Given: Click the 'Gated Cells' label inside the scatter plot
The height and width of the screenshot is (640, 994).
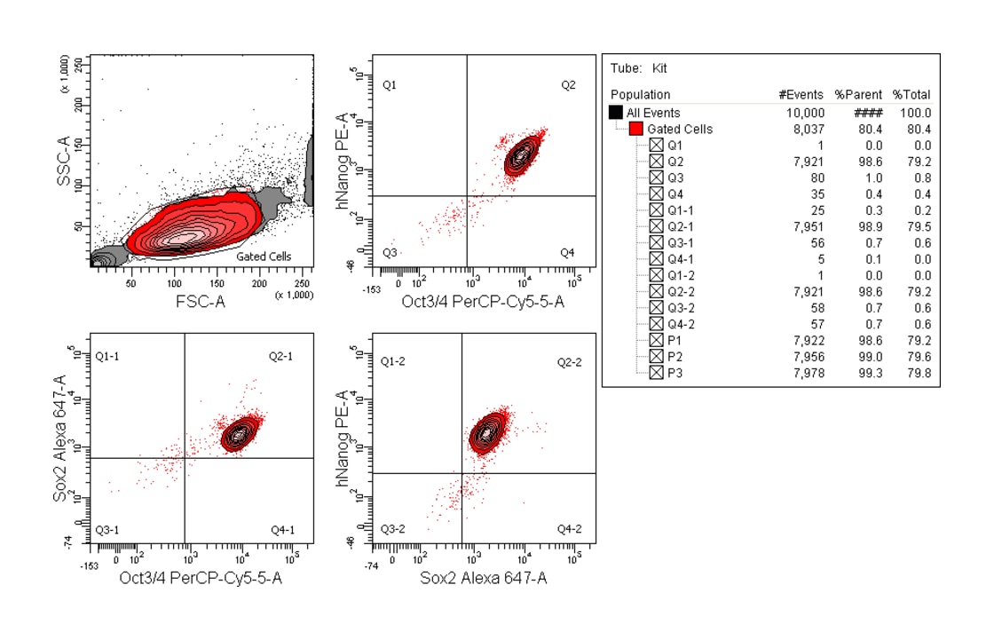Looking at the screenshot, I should (x=264, y=257).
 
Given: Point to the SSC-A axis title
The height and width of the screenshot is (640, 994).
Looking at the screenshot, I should (x=63, y=162).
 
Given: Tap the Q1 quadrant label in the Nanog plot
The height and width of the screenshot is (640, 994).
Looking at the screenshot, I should (x=389, y=85).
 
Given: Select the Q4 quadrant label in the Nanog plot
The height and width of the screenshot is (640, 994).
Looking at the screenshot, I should (x=567, y=253).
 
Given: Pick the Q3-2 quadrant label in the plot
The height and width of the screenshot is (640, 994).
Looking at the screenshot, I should (x=392, y=529).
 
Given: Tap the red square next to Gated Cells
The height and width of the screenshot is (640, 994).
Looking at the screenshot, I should (x=636, y=129).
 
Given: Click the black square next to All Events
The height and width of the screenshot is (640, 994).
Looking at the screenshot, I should (x=616, y=113).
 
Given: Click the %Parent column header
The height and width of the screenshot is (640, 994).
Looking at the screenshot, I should (x=854, y=95).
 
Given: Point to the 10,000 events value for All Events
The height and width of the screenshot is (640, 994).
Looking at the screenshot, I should (x=805, y=113).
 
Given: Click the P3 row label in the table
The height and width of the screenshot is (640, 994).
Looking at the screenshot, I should (x=675, y=373).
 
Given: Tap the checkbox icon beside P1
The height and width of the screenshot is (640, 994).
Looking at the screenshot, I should (x=656, y=340).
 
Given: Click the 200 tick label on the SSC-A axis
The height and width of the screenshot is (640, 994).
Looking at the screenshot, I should (x=78, y=105).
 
